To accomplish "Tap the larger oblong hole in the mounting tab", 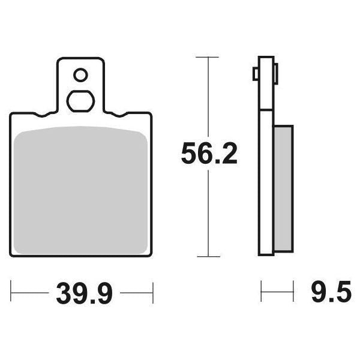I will click(80, 100).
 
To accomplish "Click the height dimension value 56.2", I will click(209, 155).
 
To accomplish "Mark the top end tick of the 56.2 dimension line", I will click(207, 57).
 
